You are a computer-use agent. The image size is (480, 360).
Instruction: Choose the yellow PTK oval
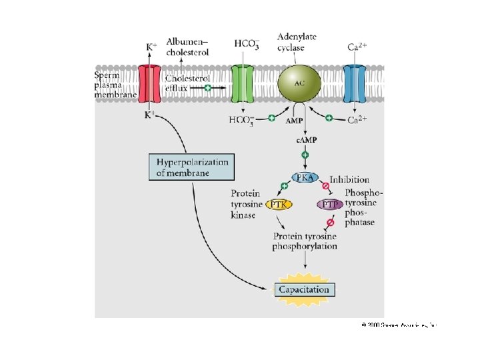pos(279,205)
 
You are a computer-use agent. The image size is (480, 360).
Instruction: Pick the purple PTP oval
pos(330,205)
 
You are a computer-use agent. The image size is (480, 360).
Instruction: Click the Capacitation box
pos(304,289)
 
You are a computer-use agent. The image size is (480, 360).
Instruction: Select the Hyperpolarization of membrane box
pos(192,167)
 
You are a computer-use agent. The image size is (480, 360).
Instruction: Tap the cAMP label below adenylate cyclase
pos(305,139)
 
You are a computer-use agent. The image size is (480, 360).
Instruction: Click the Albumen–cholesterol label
pos(187,47)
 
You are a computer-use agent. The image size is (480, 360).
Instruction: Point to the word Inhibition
pos(349,180)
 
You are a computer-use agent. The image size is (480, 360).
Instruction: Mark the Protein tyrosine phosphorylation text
pos(305,241)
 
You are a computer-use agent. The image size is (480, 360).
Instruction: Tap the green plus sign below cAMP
pos(305,155)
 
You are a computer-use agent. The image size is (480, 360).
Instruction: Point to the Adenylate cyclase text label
pos(297,41)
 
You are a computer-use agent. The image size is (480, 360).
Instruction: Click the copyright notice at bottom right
pos(399,325)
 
